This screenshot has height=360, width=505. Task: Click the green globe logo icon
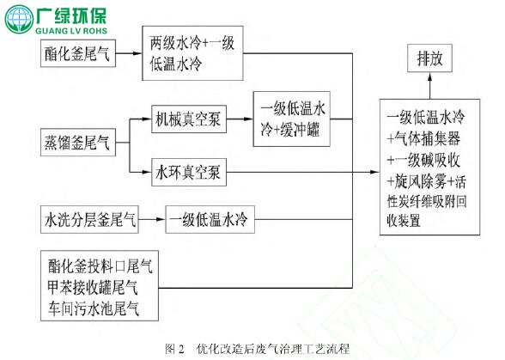[19, 20]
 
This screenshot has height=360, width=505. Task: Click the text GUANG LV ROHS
[71, 31]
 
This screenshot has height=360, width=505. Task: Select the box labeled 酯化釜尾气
[78, 53]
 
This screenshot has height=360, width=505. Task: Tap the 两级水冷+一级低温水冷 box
[192, 53]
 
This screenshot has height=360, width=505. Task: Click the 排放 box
[429, 58]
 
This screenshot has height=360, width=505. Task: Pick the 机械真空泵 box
[189, 119]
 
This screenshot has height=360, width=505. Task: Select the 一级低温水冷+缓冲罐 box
[291, 119]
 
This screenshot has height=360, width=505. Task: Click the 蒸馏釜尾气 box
[78, 142]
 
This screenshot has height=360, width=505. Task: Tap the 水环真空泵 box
[189, 172]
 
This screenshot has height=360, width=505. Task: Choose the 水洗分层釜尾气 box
[89, 219]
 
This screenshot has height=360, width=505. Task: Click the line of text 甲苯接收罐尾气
[93, 288]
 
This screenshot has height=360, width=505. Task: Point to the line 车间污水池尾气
[94, 308]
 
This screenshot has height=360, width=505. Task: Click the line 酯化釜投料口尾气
[100, 266]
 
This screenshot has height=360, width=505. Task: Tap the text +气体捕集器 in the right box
[423, 139]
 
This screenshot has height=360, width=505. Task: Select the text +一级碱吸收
[423, 160]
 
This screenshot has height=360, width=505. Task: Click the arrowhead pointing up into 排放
[429, 76]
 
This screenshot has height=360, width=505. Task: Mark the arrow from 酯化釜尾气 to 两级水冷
[129, 53]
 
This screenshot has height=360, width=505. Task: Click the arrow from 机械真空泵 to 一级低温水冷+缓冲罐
[240, 119]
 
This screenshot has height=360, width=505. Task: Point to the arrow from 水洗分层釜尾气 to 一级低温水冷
[152, 219]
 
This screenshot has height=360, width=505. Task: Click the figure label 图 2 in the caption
[174, 349]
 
